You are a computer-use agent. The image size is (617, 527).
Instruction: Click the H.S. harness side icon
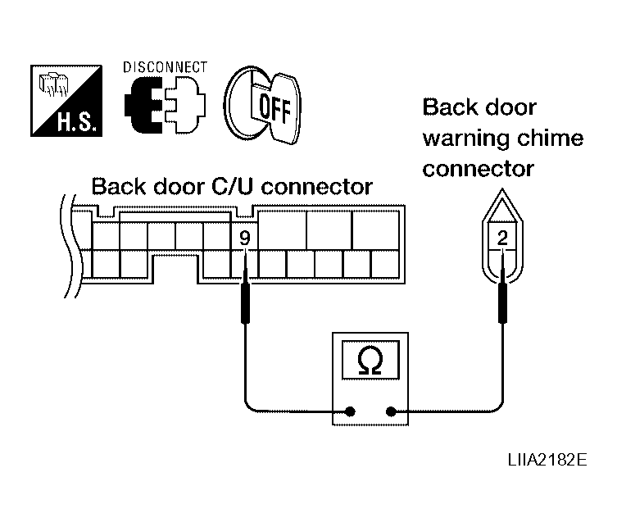pyautogui.click(x=66, y=101)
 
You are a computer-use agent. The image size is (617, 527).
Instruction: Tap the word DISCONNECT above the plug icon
pyautogui.click(x=165, y=67)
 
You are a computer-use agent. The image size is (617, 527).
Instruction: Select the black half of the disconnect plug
pyautogui.click(x=143, y=105)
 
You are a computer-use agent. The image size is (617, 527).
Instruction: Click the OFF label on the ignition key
pyautogui.click(x=274, y=107)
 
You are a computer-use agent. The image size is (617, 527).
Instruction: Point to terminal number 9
pyautogui.click(x=245, y=238)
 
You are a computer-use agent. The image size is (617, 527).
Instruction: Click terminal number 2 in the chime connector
pyautogui.click(x=502, y=238)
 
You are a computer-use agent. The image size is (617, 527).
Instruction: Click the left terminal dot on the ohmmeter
pyautogui.click(x=350, y=411)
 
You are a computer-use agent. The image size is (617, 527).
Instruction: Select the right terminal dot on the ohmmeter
pyautogui.click(x=391, y=411)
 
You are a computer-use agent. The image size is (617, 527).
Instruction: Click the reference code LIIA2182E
pyautogui.click(x=547, y=459)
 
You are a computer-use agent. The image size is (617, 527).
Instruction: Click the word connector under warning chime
pyautogui.click(x=478, y=169)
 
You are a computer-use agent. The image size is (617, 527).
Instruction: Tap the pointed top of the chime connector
pyautogui.click(x=502, y=189)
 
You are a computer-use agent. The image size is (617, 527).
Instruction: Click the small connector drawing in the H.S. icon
pyautogui.click(x=53, y=84)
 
